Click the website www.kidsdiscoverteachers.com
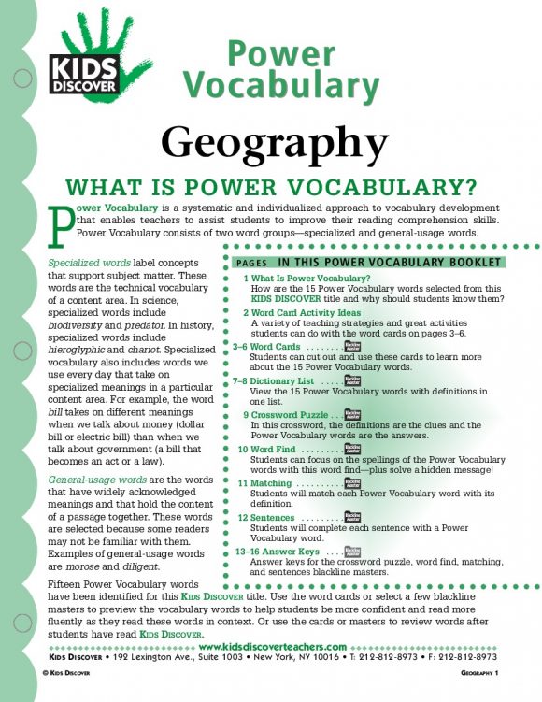pyautogui.click(x=275, y=647)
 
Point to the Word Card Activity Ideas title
pyautogui.click(x=306, y=312)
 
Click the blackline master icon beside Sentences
pyautogui.click(x=352, y=518)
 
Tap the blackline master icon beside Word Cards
pyautogui.click(x=352, y=347)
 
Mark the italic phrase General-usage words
pyautogui.click(x=91, y=480)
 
